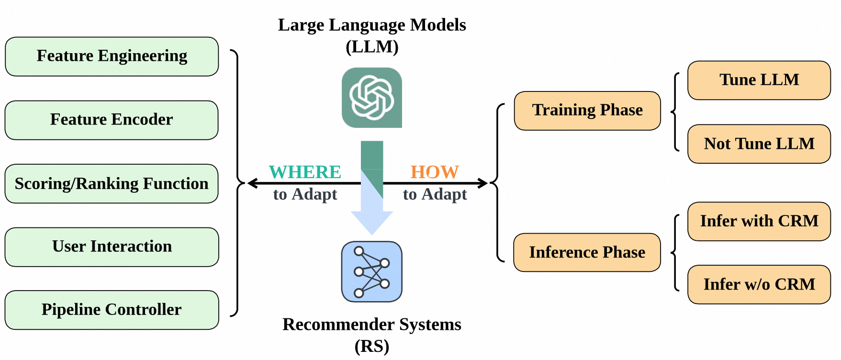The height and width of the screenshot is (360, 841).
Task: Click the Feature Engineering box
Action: [x=112, y=56]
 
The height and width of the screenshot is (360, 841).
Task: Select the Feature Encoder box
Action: [x=112, y=120]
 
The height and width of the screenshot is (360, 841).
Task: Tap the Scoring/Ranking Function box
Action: [x=112, y=184]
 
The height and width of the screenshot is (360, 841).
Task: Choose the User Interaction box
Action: [x=112, y=247]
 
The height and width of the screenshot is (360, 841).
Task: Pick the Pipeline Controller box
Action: [x=112, y=310]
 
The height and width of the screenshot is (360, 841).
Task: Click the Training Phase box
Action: [x=587, y=111]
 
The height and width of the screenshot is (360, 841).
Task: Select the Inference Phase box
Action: [x=587, y=252]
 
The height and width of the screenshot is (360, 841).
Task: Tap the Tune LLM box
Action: [x=759, y=80]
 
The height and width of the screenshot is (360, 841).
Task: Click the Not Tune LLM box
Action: [x=759, y=144]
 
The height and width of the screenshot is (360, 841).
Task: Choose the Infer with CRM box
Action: [x=759, y=221]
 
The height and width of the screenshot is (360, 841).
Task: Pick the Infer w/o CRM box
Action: [x=759, y=284]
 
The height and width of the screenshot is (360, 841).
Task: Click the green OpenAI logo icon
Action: [x=372, y=98]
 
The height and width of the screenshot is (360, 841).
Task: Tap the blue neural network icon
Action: [x=372, y=271]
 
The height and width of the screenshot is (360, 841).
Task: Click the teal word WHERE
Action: [x=305, y=172]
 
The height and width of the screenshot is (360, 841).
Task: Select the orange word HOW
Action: [x=435, y=172]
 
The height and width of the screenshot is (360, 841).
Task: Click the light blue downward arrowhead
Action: [x=372, y=222]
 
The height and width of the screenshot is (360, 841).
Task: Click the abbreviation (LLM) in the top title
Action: [x=372, y=47]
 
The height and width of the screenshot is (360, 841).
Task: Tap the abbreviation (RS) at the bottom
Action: [x=372, y=346]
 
